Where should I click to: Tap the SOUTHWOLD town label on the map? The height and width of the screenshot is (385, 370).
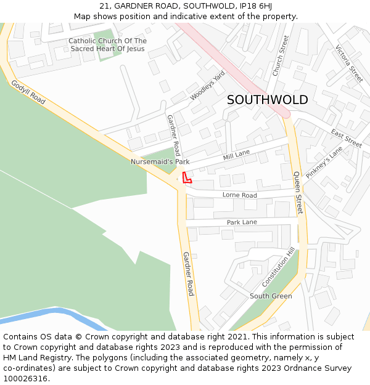point(267,100)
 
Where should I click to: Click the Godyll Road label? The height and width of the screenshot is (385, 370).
point(28,91)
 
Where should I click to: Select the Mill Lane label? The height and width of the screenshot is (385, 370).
point(236,154)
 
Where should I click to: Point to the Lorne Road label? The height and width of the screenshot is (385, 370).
point(240,195)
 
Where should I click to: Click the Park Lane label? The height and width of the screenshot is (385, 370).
point(242,222)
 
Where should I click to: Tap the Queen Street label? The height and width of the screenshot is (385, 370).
point(298,192)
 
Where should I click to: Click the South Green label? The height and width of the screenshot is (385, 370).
point(271,296)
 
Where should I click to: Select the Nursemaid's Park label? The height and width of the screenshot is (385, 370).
point(160,162)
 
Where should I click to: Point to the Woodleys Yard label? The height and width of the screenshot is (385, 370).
point(207,86)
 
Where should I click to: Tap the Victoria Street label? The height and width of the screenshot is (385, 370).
point(349,64)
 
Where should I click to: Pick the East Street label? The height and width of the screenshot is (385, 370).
point(346,138)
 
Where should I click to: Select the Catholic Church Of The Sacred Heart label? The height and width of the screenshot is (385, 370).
point(107,45)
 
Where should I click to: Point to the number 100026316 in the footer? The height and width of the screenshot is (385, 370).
point(25,379)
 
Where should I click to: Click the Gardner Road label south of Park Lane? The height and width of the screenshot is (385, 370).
point(188,274)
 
